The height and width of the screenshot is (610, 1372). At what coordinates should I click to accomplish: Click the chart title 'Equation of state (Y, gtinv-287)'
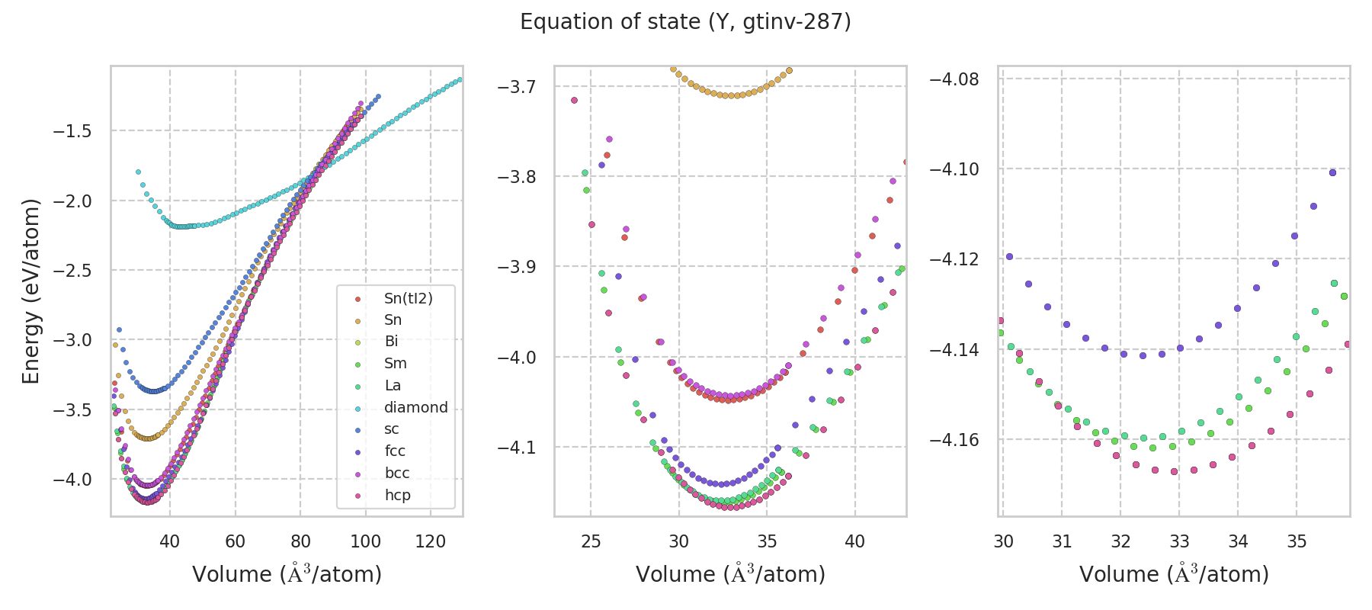685,22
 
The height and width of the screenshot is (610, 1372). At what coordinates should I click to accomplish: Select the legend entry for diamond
415,407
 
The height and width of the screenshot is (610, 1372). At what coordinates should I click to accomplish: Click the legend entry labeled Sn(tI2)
408,298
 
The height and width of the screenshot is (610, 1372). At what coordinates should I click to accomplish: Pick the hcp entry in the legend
397,495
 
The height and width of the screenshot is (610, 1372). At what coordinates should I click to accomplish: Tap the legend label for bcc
396,473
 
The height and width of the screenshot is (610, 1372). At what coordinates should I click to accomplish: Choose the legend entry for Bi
391,342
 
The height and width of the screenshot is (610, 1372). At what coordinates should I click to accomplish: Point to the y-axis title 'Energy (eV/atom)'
30,291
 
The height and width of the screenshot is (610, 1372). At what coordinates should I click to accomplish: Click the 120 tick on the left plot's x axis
431,541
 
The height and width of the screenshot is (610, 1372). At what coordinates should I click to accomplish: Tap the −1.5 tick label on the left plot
72,131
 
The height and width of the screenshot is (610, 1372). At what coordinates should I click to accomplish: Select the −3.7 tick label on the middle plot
516,87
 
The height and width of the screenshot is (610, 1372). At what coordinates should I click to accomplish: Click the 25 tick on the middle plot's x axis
591,541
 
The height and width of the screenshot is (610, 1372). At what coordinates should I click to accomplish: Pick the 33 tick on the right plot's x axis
1179,541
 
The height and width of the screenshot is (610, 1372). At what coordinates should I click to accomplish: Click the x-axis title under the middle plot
730,574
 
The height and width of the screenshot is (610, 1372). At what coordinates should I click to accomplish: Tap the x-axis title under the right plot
1174,574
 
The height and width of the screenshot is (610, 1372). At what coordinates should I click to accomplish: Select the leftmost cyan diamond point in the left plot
138,172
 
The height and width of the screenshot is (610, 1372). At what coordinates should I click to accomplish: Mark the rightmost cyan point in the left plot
459,79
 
